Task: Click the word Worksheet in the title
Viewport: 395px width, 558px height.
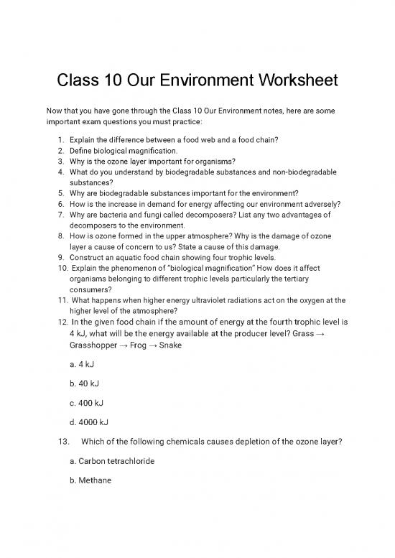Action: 289,81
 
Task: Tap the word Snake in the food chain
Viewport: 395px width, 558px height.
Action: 189,345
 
